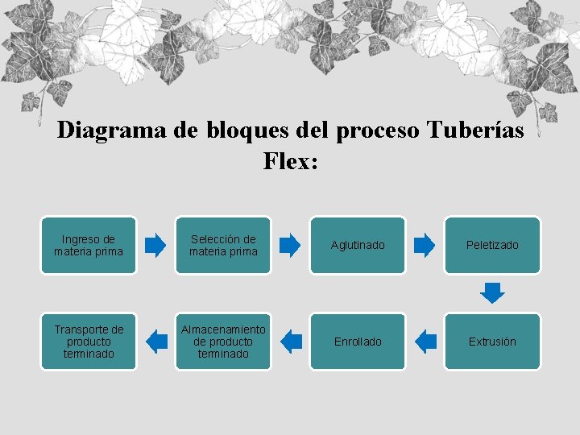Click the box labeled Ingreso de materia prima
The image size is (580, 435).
[89, 245]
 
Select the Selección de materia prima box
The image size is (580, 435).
[223, 245]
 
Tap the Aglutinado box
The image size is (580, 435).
[358, 245]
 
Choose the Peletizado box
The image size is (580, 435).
[492, 245]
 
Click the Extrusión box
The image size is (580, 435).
[492, 342]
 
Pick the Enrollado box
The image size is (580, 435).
[358, 342]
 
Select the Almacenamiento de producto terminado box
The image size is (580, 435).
[223, 342]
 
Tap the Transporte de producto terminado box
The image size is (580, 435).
[89, 342]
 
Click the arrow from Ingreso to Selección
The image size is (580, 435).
[156, 245]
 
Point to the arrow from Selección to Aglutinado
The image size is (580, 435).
[291, 245]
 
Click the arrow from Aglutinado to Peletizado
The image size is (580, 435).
[425, 245]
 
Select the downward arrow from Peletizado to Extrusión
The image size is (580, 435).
[492, 292]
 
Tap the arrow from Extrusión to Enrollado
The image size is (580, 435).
[425, 342]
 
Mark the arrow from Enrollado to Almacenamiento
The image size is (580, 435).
[291, 342]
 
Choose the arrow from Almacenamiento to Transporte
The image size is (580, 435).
[156, 342]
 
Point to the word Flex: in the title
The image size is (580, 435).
[291, 161]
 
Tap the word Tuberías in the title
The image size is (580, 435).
[474, 130]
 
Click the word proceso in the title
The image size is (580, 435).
[375, 130]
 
